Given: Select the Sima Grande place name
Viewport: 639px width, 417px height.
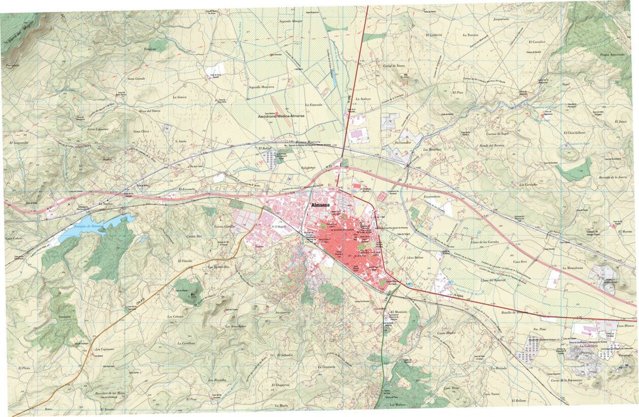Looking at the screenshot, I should tap(136, 78).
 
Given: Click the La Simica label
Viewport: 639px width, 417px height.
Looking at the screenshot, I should tap(179, 97).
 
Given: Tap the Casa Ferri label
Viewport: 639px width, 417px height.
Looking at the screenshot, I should tap(520, 262).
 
